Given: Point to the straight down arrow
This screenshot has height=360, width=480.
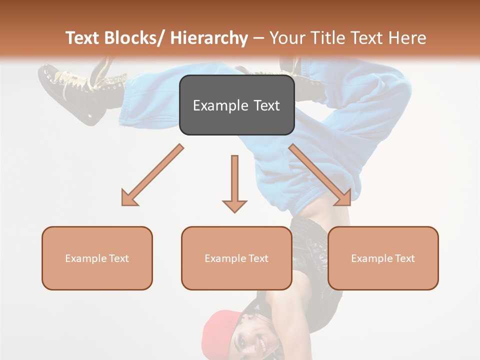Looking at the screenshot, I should [234, 183].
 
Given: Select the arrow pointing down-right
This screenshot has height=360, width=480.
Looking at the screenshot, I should [320, 175].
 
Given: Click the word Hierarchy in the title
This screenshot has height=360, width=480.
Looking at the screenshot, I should [208, 38].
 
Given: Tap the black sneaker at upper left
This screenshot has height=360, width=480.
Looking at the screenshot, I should [75, 92].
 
